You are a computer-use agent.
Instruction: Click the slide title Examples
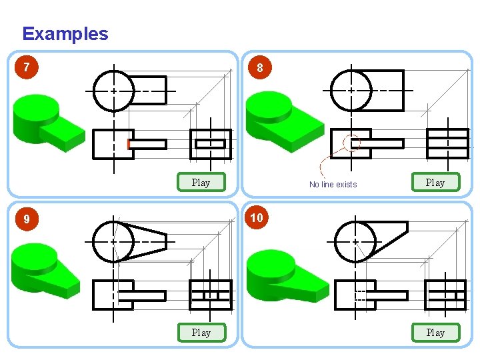(x=65, y=34)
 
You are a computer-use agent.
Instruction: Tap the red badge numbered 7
(x=26, y=67)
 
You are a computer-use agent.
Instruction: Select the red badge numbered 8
(x=260, y=67)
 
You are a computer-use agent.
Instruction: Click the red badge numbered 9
(x=26, y=219)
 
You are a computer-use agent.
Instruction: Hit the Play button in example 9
(x=201, y=332)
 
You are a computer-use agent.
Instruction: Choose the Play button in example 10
(x=435, y=332)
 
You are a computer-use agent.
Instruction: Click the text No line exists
(x=333, y=185)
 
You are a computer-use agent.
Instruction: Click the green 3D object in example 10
(x=283, y=273)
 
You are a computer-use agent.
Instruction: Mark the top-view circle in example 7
(x=114, y=90)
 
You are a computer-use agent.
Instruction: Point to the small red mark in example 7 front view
(x=129, y=144)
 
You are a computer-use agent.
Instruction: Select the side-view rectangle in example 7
(x=211, y=144)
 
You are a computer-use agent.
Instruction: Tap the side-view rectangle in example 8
(x=447, y=143)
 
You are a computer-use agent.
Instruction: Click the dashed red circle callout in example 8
(x=351, y=143)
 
